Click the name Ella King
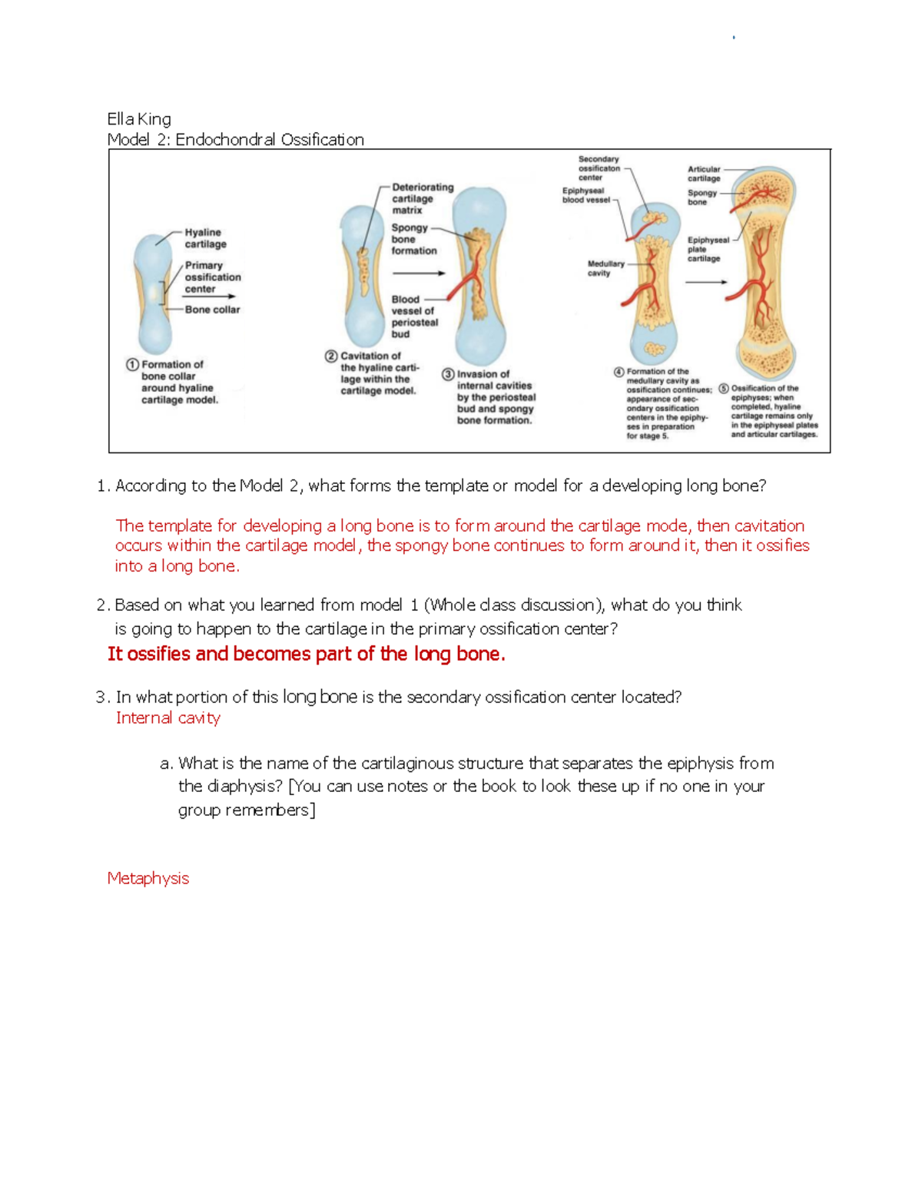[139, 119]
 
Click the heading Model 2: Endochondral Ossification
[235, 140]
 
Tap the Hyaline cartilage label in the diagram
[204, 238]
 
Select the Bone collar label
[212, 310]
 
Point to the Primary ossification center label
[212, 277]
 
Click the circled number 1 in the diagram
[133, 365]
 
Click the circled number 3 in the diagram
[448, 374]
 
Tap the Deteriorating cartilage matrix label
[422, 198]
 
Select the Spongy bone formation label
[413, 239]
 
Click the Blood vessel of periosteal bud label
[413, 316]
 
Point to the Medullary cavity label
[605, 268]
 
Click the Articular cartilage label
[704, 174]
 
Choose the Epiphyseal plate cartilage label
[707, 249]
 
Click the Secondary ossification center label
[599, 168]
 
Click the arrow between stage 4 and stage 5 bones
[705, 282]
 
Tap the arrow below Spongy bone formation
[418, 273]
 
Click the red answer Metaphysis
[148, 878]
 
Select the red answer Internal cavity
[167, 717]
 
